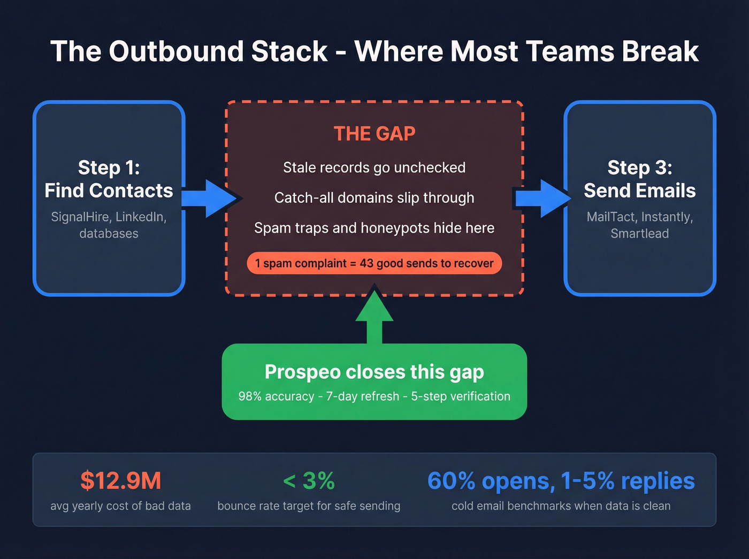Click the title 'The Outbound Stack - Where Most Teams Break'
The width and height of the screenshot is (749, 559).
click(x=374, y=52)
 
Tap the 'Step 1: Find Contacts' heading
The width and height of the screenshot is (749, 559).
click(x=109, y=179)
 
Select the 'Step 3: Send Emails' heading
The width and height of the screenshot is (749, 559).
click(x=639, y=179)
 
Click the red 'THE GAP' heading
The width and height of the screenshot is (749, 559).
click(x=374, y=134)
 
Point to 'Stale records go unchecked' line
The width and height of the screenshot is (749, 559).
click(x=374, y=167)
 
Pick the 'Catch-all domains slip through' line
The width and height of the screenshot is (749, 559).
click(x=374, y=198)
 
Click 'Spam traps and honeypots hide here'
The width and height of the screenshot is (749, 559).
click(x=374, y=228)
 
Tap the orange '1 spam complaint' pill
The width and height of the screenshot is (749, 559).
click(x=374, y=263)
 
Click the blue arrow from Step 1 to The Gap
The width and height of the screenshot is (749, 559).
click(x=210, y=198)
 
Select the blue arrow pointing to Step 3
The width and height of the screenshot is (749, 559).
click(x=541, y=198)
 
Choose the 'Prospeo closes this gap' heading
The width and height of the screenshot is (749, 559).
click(x=374, y=372)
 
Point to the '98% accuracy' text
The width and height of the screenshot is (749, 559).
click(x=276, y=396)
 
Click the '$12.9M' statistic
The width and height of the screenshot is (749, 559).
click(x=120, y=480)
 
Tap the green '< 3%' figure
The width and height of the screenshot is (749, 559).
click(x=309, y=480)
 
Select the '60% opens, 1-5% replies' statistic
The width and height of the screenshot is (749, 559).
click(x=561, y=480)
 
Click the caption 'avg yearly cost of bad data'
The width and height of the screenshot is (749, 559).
click(x=120, y=506)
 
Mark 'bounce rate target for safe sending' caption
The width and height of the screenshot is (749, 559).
click(x=309, y=506)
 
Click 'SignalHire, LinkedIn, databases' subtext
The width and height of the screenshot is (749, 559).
click(x=109, y=225)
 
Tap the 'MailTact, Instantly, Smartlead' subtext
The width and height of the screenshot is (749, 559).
click(x=639, y=225)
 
